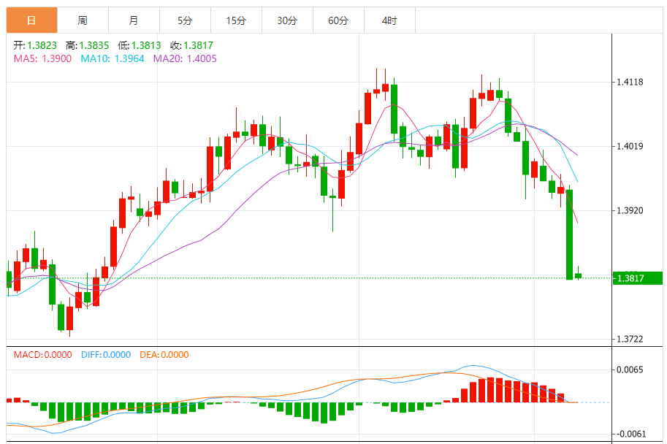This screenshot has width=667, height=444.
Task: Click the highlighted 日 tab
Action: tap(31, 20)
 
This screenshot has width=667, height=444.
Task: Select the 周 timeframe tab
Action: tap(83, 20)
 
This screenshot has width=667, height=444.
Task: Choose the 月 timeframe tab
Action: tap(133, 20)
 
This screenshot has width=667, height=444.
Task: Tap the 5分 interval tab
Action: tap(184, 20)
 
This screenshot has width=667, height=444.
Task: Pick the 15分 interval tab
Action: tap(235, 20)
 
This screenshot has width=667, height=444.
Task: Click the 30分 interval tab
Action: tap(286, 20)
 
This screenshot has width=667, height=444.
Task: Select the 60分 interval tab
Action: tap(338, 20)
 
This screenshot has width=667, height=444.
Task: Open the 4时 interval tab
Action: tap(389, 20)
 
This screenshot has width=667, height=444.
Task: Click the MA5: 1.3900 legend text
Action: tap(42, 58)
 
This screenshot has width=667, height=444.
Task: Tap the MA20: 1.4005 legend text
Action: tap(185, 58)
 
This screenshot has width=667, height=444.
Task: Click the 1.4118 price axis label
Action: tap(629, 82)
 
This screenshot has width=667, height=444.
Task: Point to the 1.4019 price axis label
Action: tap(629, 146)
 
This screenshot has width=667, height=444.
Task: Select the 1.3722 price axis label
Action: tap(629, 340)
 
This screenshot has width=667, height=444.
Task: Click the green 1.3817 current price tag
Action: tap(636, 277)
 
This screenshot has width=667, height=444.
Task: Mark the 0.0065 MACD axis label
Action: tap(629, 370)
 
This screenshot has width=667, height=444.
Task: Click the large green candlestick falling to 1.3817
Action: tap(569, 234)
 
